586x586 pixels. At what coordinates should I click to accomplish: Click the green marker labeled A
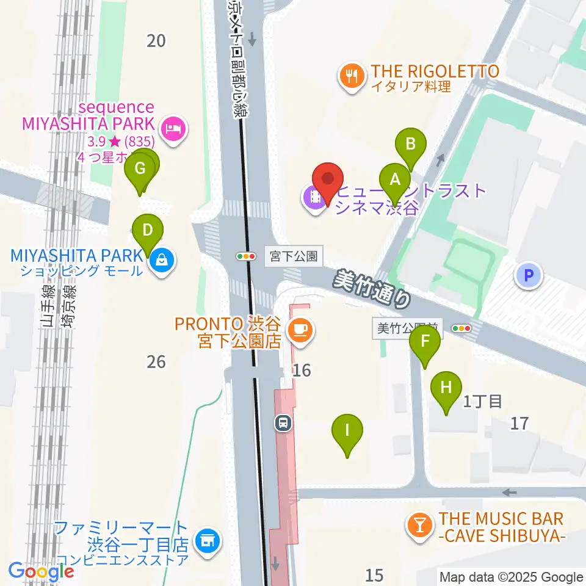click(395, 180)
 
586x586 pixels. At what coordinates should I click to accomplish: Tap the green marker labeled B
click(411, 145)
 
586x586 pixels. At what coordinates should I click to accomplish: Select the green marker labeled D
click(147, 231)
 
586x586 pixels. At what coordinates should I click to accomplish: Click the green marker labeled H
click(446, 387)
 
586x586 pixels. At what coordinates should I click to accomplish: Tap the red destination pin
click(328, 179)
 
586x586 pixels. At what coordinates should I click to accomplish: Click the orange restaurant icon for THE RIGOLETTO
click(352, 76)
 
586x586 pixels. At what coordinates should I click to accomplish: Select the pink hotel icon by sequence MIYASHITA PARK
click(173, 129)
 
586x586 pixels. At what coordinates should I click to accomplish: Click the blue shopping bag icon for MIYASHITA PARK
click(162, 260)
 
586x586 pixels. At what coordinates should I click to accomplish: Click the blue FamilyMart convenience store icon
click(207, 540)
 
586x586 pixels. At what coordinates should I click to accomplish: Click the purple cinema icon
click(315, 197)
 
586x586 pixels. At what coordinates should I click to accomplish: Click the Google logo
click(41, 571)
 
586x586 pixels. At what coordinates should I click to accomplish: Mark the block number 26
click(156, 361)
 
